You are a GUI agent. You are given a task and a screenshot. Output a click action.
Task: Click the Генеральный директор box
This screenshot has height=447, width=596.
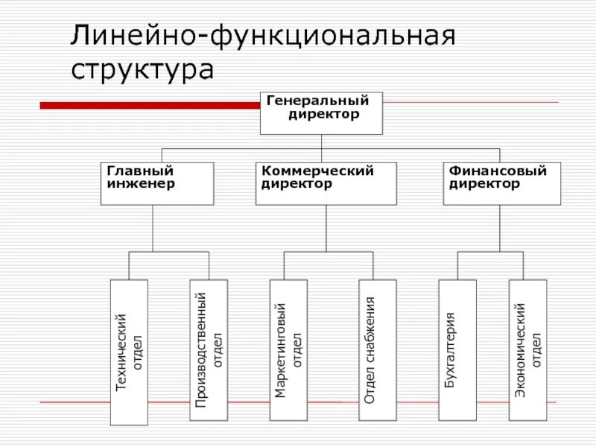coord(321,113)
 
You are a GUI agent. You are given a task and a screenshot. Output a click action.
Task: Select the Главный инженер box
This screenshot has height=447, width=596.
coord(157,183)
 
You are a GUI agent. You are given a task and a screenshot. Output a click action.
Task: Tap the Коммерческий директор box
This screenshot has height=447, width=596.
coord(326,183)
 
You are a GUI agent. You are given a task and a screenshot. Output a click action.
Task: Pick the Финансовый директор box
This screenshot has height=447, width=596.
coord(502,183)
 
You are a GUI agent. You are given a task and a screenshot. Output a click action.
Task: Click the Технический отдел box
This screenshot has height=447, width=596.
coord(129,352)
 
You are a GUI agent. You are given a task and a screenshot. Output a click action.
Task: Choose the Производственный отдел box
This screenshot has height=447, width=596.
coord(208,349)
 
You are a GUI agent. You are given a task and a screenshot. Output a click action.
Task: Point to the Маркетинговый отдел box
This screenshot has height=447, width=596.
coord(288,349)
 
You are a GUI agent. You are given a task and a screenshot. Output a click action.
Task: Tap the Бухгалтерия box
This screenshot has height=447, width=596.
coord(457,349)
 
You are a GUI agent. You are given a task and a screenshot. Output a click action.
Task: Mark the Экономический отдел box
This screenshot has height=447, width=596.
coord(527,349)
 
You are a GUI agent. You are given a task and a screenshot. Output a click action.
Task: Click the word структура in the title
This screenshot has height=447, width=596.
coord(142,70)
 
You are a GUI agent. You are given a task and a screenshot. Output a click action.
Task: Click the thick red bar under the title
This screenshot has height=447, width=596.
coord(149,105)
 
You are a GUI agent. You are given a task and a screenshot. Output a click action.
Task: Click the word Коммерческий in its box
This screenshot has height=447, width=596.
coord(317,171)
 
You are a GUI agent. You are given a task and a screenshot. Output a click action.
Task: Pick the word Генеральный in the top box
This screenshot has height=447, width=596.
coord(317,101)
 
